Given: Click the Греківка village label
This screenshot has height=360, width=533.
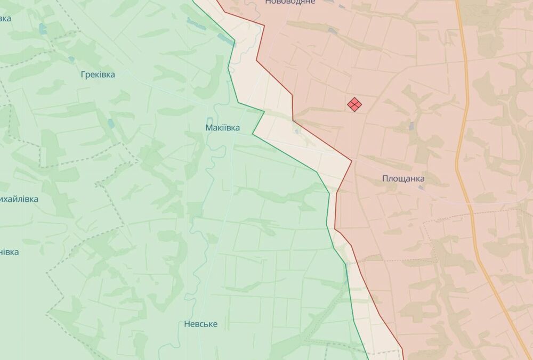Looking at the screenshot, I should click(x=98, y=75).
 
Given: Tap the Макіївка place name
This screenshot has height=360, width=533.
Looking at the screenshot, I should click(x=222, y=128).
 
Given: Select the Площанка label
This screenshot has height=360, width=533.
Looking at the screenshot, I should click(x=403, y=179).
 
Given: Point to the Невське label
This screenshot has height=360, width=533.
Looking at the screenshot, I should click(x=200, y=324).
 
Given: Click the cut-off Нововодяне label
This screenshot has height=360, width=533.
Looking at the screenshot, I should click(x=290, y=2).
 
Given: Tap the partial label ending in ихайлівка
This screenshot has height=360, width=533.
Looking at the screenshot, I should click(x=19, y=199).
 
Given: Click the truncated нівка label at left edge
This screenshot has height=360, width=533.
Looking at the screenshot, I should click(x=9, y=252).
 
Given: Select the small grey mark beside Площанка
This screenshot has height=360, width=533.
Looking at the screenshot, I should click(x=421, y=187).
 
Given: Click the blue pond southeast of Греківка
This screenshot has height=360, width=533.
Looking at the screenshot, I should click(x=110, y=124).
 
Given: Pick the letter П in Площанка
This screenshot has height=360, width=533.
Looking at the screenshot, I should click(x=385, y=179).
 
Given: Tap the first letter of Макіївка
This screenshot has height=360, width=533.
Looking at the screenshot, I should click(x=208, y=128).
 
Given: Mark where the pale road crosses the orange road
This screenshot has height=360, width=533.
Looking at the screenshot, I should click(x=469, y=203).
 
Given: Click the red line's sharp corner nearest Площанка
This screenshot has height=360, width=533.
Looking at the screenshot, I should click(x=352, y=160).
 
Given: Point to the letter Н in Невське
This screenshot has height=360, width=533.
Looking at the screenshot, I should click(x=187, y=324).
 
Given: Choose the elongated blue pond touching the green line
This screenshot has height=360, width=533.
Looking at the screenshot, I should click(x=225, y=39).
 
